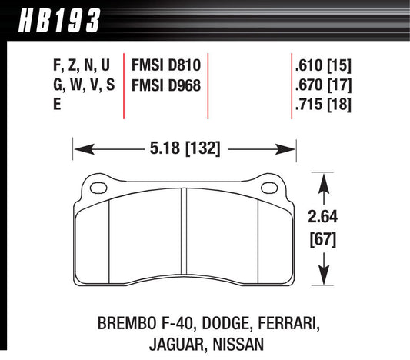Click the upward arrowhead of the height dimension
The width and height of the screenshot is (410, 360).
pyautogui.click(x=325, y=179)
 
